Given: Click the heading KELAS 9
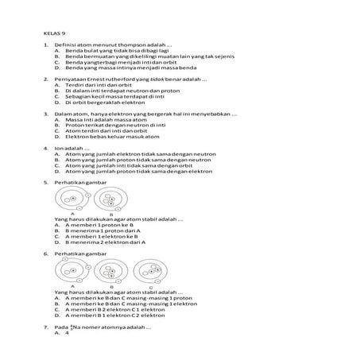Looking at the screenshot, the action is (54, 34).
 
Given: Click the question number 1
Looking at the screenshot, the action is (45, 48).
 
